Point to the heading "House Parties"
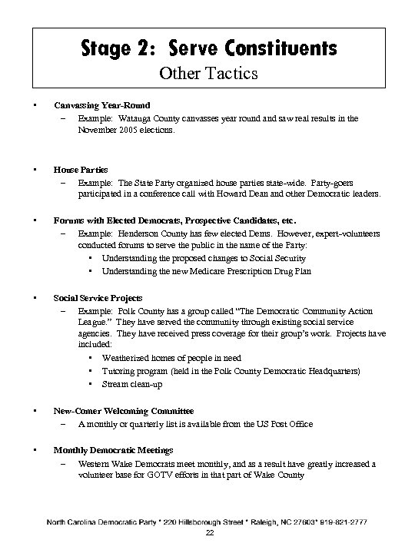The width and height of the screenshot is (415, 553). coord(81,168)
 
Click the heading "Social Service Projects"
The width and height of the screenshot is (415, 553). coord(98,297)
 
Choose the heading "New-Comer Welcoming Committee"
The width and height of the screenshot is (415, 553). coord(123,411)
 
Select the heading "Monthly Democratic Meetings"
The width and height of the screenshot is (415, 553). coord(113,449)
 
